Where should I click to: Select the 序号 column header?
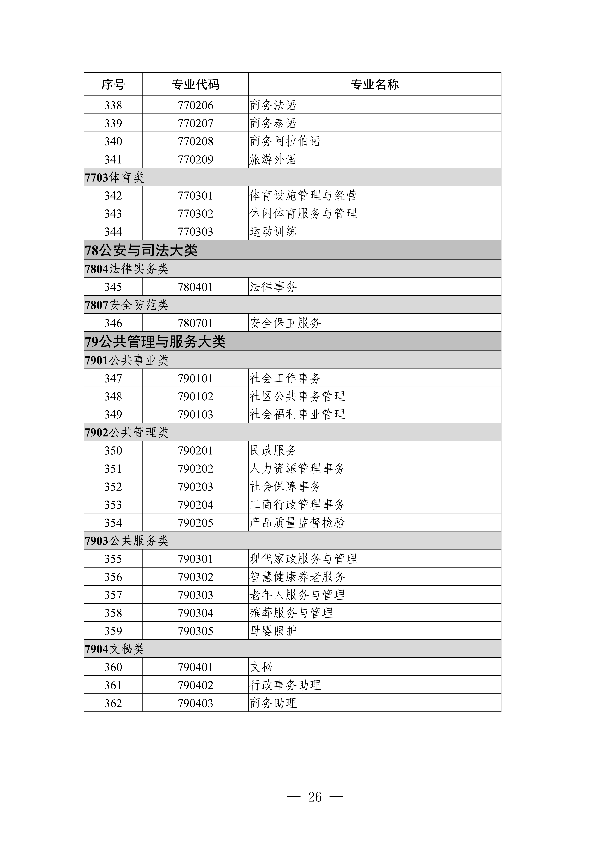point(113,85)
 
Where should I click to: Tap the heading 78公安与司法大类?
point(141,250)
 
